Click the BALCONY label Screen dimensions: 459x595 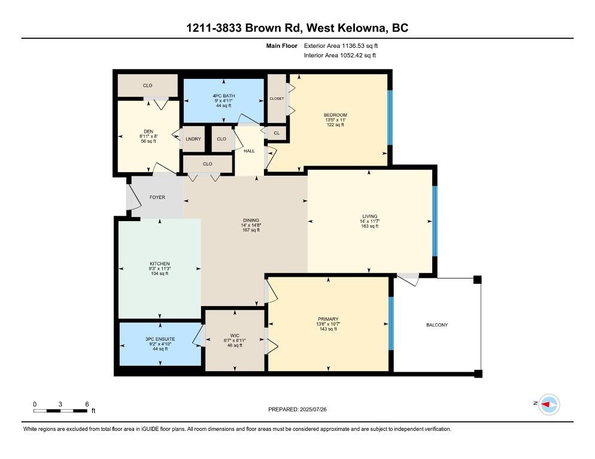[437, 325]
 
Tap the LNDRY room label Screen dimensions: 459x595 [193, 139]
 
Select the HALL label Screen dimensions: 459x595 [249, 151]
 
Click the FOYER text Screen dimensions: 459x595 [157, 197]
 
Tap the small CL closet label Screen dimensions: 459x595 [277, 133]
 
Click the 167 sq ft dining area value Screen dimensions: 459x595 [250, 231]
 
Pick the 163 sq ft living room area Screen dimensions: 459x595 [369, 226]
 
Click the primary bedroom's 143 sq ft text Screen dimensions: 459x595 [328, 329]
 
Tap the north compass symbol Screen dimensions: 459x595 [548, 405]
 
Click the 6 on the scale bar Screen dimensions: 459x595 [87, 404]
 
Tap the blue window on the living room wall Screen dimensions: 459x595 [435, 221]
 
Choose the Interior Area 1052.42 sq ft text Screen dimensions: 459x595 [340, 56]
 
